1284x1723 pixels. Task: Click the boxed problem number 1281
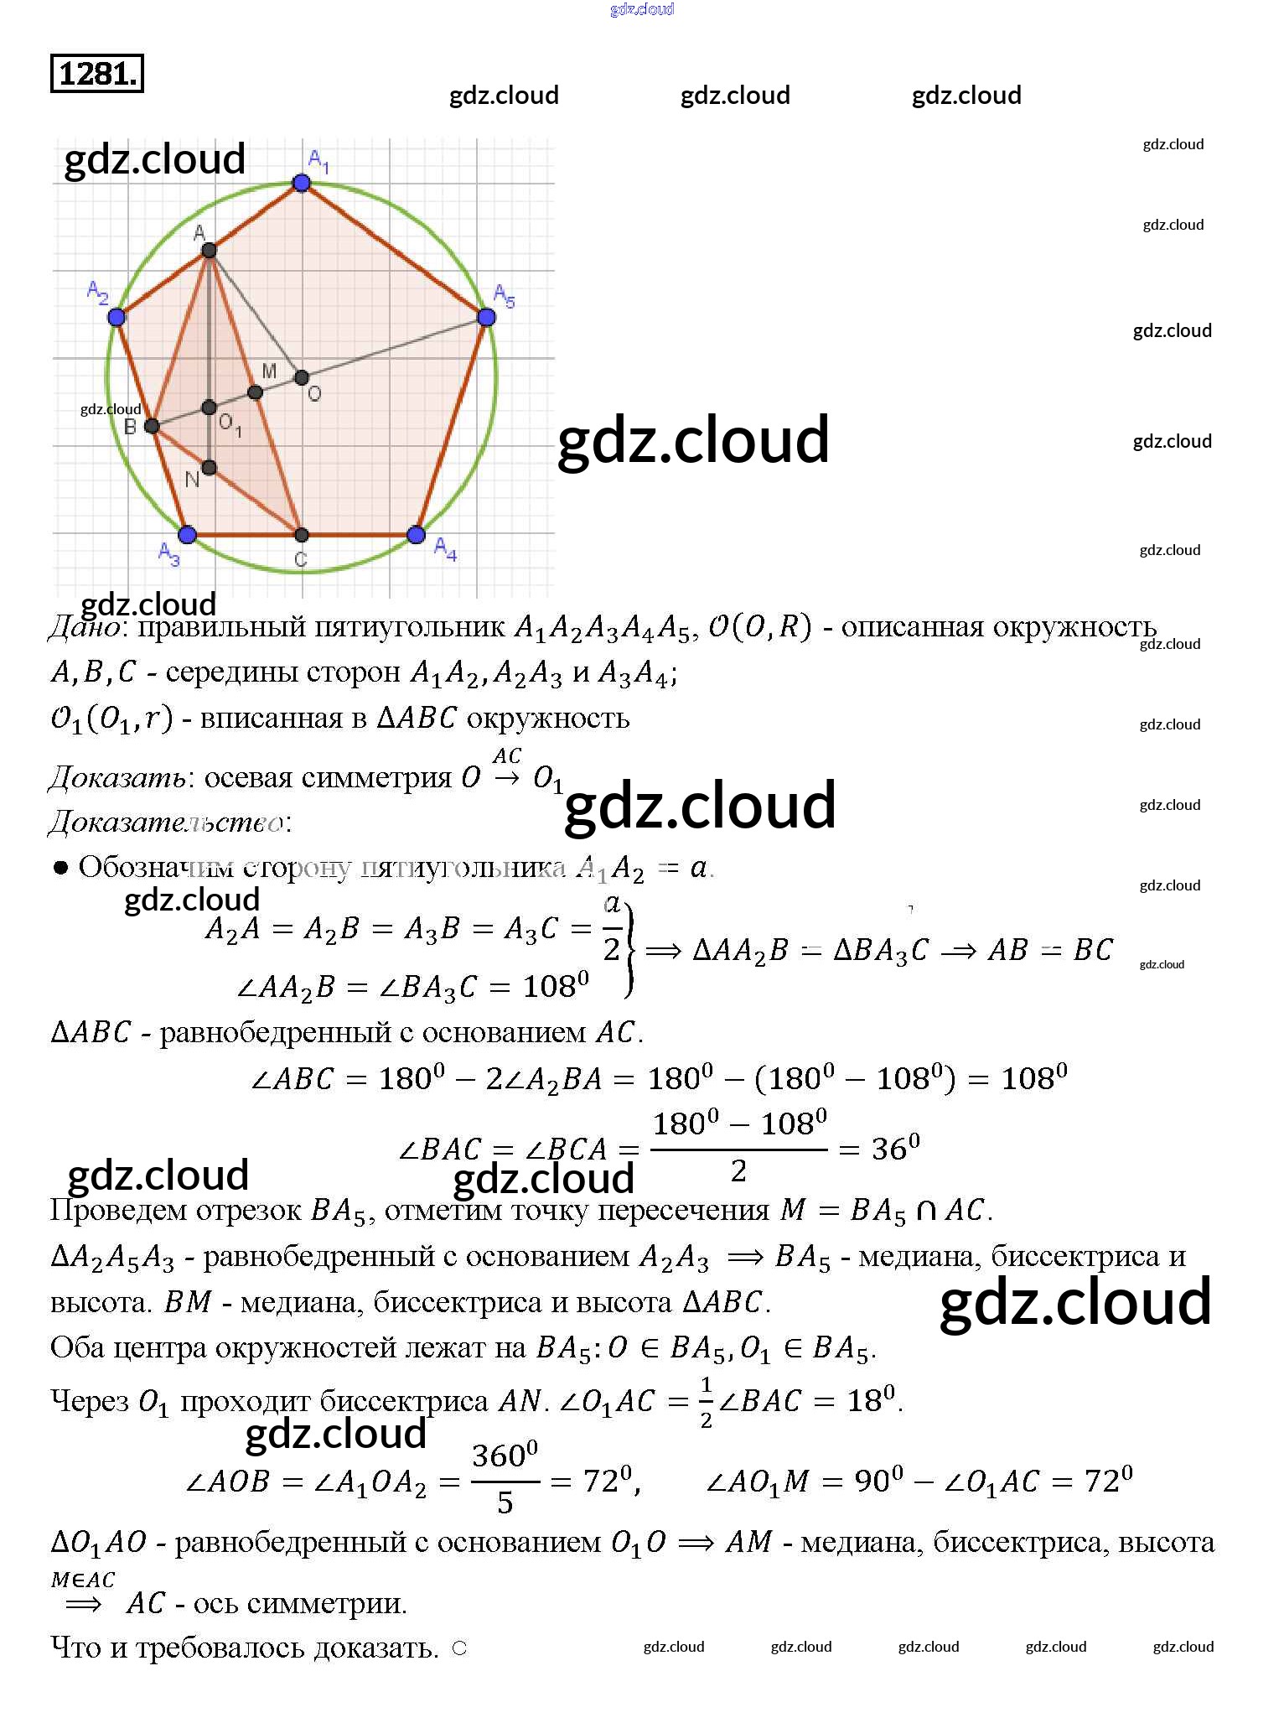97,74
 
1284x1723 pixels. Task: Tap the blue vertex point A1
302,183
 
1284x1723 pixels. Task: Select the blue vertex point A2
116,317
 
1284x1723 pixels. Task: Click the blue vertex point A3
188,534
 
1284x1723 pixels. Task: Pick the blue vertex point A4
416,534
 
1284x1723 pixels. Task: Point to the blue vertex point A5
486,317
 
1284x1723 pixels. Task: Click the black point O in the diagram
302,378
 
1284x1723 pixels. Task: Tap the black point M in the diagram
256,392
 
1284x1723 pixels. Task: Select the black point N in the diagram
210,467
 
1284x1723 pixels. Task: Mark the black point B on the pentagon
152,426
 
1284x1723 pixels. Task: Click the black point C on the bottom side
302,535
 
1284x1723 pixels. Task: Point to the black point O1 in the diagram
210,408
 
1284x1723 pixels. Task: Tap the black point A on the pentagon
210,250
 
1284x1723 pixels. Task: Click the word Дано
85,627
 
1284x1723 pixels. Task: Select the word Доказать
116,778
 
